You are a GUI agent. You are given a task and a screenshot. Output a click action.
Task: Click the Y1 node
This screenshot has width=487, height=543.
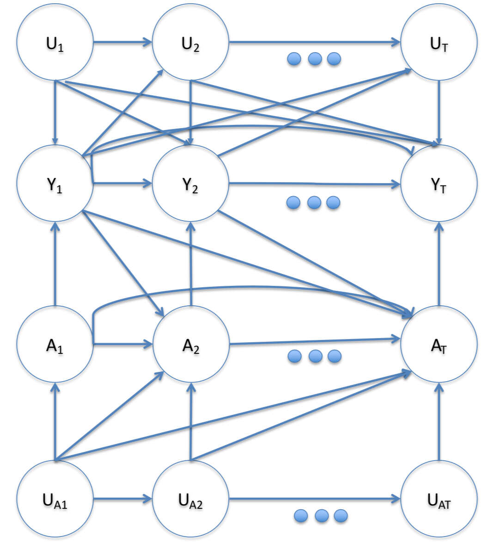tap(55, 183)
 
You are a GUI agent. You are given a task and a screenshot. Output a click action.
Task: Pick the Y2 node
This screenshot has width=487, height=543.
tap(191, 183)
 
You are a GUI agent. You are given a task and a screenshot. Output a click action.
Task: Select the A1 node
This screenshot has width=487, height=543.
tap(55, 344)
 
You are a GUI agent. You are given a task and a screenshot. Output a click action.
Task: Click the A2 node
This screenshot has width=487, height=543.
tap(191, 344)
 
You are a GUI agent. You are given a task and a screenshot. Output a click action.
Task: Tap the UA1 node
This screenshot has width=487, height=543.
tap(55, 499)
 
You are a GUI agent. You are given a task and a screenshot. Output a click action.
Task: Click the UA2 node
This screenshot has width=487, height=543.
tap(191, 499)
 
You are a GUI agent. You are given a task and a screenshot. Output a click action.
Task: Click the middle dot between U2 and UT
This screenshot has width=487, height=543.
tap(314, 59)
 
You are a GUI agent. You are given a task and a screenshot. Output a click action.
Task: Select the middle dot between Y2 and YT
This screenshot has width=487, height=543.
tap(314, 203)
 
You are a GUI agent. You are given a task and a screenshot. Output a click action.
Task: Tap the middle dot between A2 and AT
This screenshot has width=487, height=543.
tap(315, 356)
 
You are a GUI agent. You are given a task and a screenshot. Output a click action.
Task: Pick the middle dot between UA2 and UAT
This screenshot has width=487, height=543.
tap(320, 516)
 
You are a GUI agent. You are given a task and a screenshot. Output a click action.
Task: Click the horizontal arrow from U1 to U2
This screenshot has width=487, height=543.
tap(123, 43)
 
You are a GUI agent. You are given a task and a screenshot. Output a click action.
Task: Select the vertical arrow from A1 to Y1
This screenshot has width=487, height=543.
tap(55, 264)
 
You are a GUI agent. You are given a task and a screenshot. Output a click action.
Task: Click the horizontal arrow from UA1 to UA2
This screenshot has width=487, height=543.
tap(123, 499)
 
